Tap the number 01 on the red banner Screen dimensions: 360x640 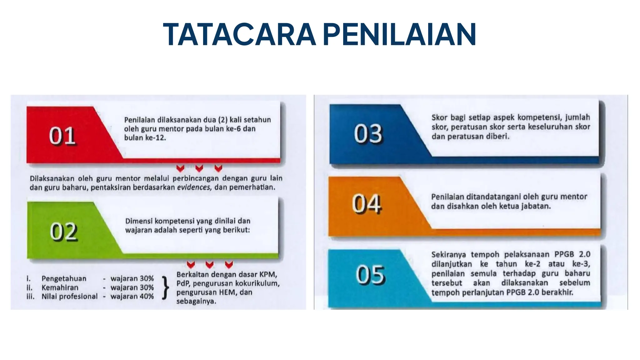point(62,136)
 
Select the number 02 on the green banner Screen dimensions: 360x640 point(63,232)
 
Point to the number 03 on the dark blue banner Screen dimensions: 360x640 point(368,134)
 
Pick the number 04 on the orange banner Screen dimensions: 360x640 point(366,204)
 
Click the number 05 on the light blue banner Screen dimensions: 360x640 point(370,275)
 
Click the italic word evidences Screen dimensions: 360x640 point(194,187)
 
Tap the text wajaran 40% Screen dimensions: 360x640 point(132,296)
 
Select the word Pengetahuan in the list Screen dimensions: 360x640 point(64,278)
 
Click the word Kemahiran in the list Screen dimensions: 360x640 point(60,287)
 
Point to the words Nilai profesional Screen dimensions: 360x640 point(69,296)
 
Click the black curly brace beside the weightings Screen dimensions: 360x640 point(166,287)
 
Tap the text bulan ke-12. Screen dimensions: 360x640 point(145,138)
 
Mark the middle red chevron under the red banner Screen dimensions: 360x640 point(199,168)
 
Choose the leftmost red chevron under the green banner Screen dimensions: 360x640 point(191,265)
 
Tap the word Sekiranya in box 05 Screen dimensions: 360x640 point(448,254)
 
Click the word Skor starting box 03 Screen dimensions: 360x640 point(439,117)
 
